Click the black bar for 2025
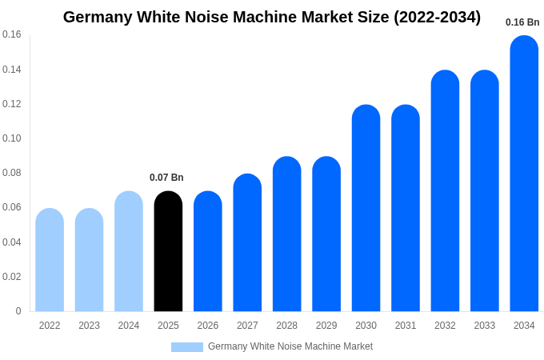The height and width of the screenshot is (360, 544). pyautogui.click(x=168, y=252)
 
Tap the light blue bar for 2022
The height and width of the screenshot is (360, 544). pyautogui.click(x=50, y=261)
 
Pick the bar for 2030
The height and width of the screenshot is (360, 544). pyautogui.click(x=366, y=209)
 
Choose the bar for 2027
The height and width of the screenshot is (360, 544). pyautogui.click(x=247, y=243)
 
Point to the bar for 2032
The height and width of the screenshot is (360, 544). pyautogui.click(x=445, y=192)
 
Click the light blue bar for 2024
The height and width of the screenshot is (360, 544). pyautogui.click(x=129, y=252)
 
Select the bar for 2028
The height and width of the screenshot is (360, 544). pyautogui.click(x=286, y=234)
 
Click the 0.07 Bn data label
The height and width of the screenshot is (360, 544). pyautogui.click(x=166, y=178)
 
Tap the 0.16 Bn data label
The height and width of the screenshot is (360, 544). pyautogui.click(x=522, y=22)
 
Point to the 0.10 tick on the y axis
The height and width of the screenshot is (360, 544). pyautogui.click(x=12, y=138)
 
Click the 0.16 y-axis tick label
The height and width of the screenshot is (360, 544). pyautogui.click(x=12, y=34)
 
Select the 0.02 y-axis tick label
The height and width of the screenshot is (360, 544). pyautogui.click(x=12, y=277)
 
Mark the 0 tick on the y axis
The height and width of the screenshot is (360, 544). pyautogui.click(x=18, y=311)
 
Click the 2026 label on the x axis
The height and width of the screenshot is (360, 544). pyautogui.click(x=208, y=326)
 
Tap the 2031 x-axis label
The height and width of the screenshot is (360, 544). pyautogui.click(x=406, y=326)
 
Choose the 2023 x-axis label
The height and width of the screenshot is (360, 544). pyautogui.click(x=89, y=326)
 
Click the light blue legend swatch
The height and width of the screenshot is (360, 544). pyautogui.click(x=186, y=347)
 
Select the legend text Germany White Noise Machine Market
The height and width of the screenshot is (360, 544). pyautogui.click(x=290, y=346)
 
